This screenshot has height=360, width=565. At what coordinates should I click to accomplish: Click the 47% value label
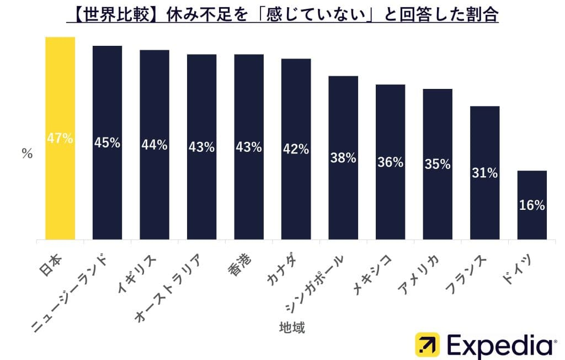click(x=60, y=139)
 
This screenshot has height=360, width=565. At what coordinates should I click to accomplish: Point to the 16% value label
click(x=532, y=205)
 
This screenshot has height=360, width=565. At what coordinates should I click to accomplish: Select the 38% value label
click(x=343, y=157)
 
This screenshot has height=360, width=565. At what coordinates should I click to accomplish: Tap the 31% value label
click(x=484, y=173)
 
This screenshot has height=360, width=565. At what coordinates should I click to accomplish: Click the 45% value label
click(x=107, y=142)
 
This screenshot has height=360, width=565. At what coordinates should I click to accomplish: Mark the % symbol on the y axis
click(x=27, y=155)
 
